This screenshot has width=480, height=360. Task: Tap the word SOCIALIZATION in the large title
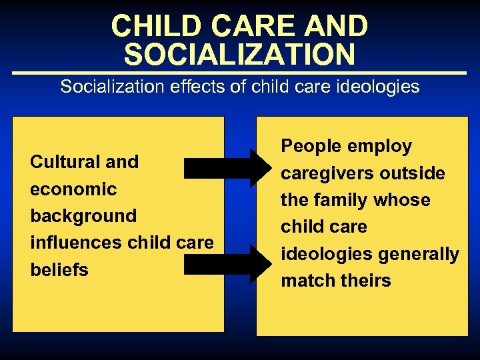click(x=239, y=55)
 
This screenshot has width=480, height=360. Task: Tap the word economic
click(x=73, y=189)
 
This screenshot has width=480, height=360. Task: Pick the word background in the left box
click(x=83, y=216)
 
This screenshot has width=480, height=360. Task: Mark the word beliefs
click(x=59, y=270)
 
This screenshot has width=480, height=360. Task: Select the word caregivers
click(x=325, y=173)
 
